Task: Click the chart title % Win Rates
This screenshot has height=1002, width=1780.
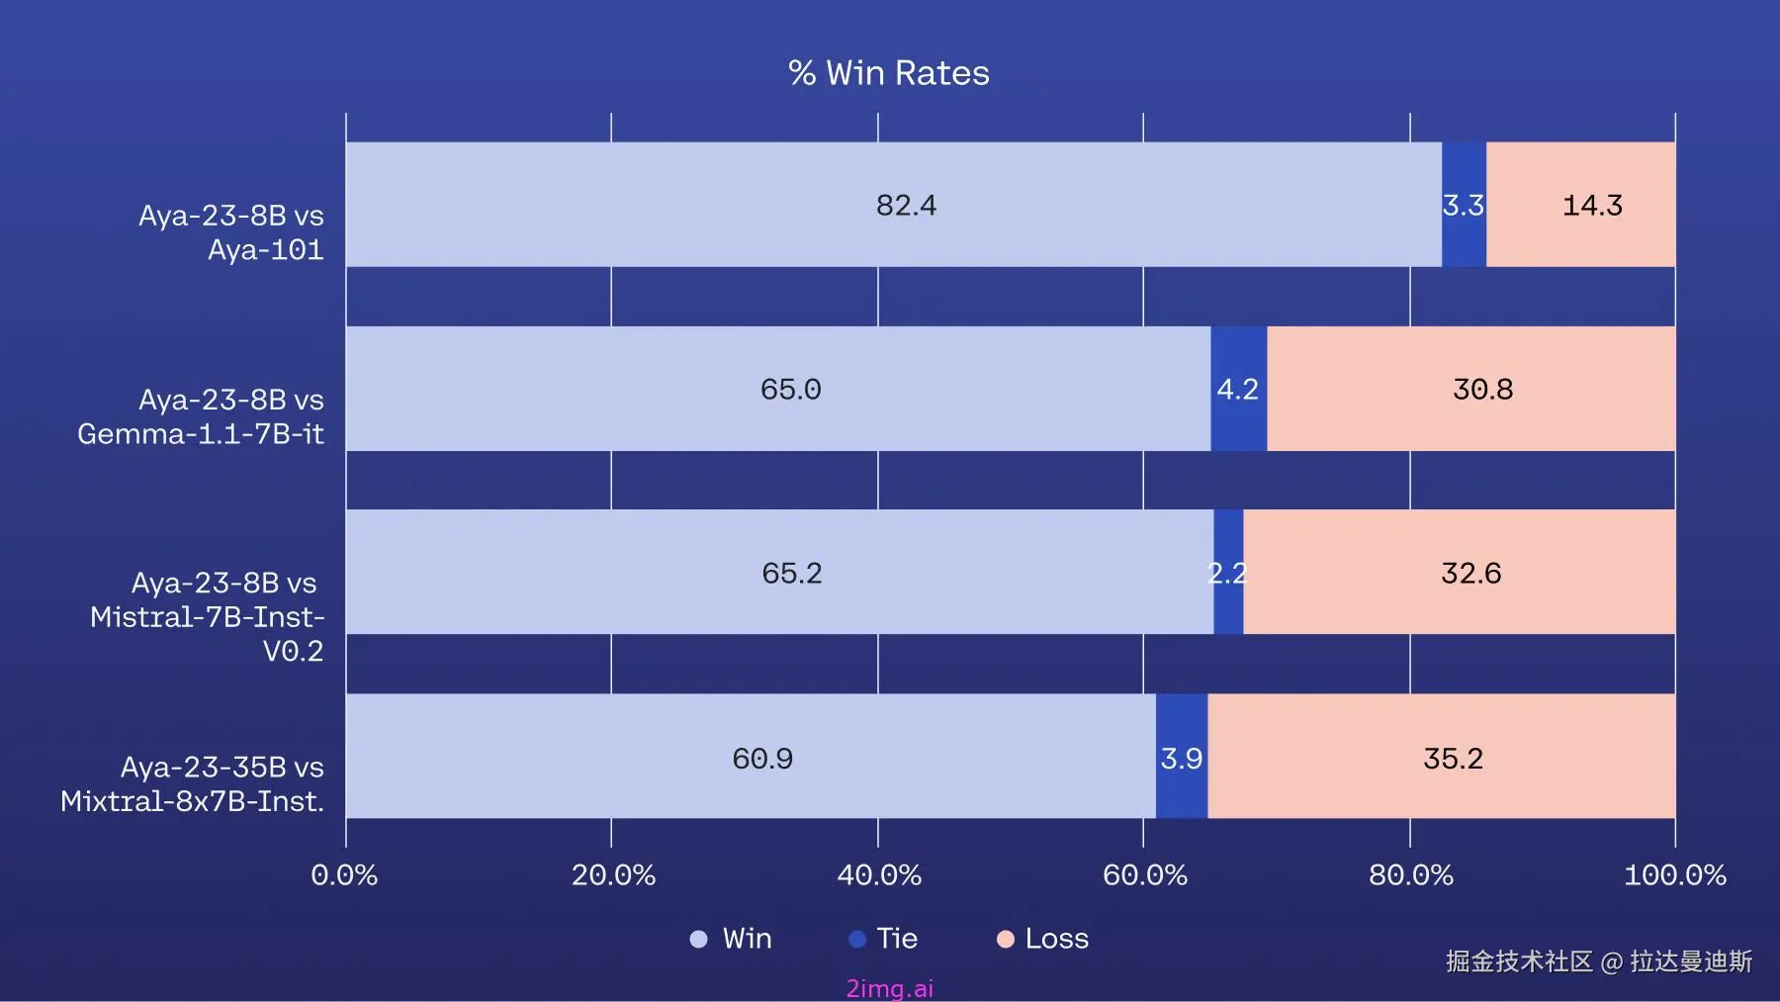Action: [889, 73]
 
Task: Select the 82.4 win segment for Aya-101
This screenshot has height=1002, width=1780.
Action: [893, 205]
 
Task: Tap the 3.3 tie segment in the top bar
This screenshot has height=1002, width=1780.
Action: [1464, 205]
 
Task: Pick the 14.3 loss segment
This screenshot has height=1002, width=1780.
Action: [1580, 205]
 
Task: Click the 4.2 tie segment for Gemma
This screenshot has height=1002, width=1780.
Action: [1238, 389]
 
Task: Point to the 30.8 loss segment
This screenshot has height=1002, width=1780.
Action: [1470, 389]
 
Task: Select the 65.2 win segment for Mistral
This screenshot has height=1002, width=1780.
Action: [779, 573]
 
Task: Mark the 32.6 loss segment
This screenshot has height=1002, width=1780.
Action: [1459, 573]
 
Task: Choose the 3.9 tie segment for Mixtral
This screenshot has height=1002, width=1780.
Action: [1182, 758]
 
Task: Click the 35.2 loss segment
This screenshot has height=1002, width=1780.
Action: [1441, 758]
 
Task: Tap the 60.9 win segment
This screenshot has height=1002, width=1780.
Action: [751, 758]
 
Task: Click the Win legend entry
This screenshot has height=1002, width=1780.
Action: [732, 939]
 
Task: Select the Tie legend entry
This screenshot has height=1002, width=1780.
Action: [884, 939]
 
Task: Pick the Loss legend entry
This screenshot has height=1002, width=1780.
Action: [1043, 939]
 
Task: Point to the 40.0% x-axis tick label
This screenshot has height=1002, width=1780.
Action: [879, 875]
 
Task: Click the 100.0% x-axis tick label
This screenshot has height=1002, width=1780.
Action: [1674, 875]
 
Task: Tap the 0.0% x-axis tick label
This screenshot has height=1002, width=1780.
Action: [344, 875]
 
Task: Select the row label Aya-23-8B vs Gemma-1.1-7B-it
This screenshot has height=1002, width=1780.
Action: [202, 416]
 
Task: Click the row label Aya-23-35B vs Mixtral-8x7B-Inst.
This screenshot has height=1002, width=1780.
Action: [194, 784]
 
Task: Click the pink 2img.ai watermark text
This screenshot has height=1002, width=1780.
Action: [889, 988]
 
